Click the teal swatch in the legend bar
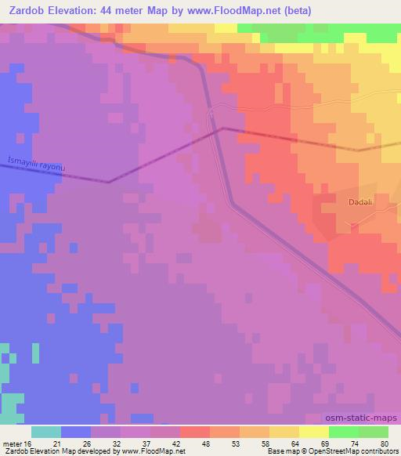point(46,432)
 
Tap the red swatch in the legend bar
point(195,432)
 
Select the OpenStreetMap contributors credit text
point(351,451)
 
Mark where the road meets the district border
point(222,128)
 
